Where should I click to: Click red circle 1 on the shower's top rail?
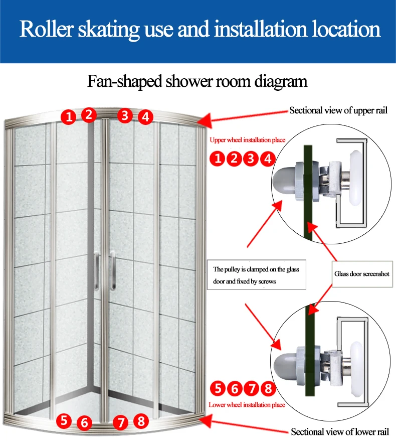click(69, 118)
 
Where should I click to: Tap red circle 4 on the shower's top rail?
click(145, 117)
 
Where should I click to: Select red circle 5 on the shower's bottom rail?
click(64, 420)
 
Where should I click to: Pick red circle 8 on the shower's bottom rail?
click(141, 421)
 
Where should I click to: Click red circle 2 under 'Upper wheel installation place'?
click(234, 160)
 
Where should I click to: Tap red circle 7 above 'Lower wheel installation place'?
click(252, 388)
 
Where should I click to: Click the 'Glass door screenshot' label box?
click(361, 274)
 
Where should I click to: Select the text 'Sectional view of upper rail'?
click(338, 110)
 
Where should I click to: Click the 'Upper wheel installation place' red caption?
click(247, 140)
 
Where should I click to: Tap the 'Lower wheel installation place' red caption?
click(247, 404)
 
